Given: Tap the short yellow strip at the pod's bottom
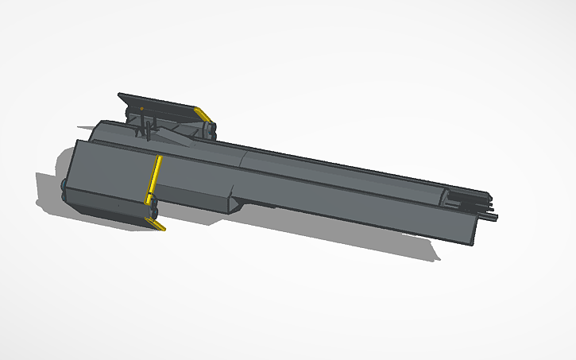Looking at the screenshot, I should [157, 225].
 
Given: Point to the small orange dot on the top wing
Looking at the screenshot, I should [141, 107].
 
